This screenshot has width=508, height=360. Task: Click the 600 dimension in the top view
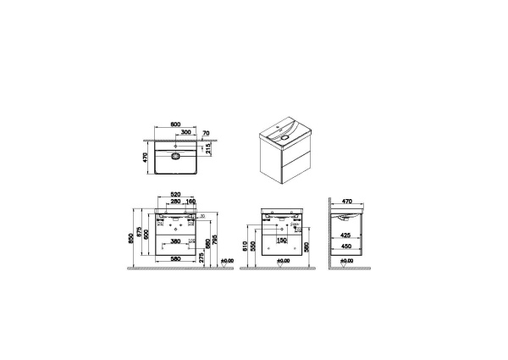point(175,125)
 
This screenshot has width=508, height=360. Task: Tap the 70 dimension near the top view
point(206,133)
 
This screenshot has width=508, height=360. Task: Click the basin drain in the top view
point(176,156)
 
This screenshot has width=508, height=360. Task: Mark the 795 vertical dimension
point(218,240)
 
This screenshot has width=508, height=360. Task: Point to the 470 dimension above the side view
point(347,202)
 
